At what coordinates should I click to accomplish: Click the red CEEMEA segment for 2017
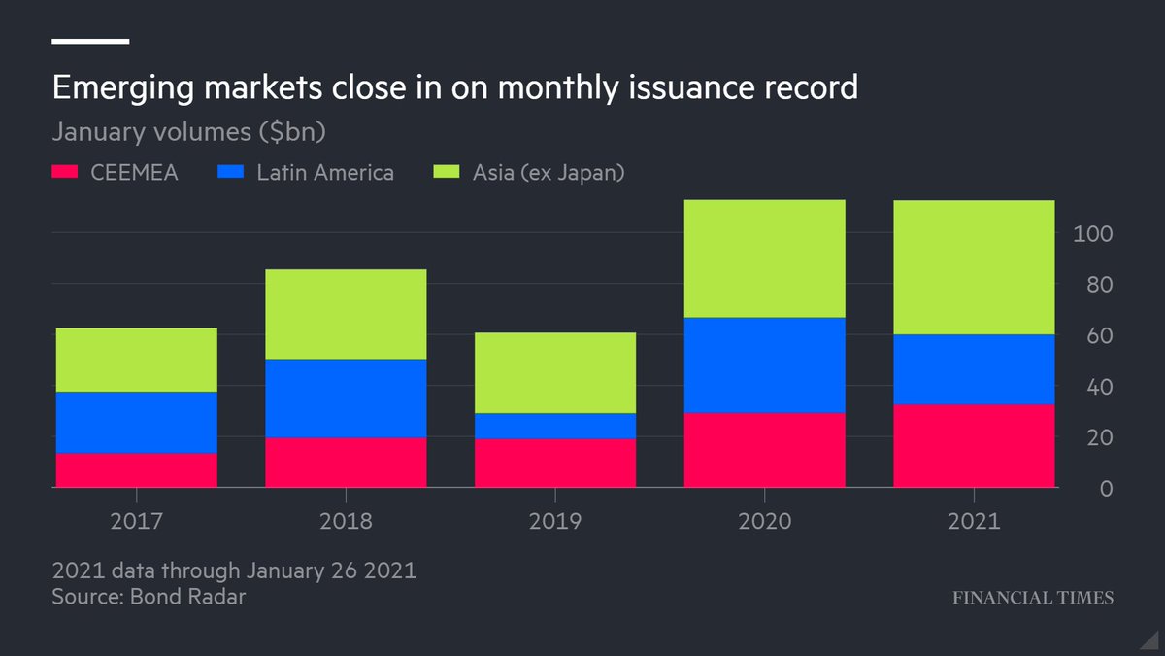pyautogui.click(x=136, y=470)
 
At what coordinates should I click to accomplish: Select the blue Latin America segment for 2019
pyautogui.click(x=554, y=426)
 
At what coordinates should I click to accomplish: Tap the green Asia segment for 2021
pyautogui.click(x=974, y=267)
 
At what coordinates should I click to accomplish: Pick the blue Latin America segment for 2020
pyautogui.click(x=764, y=365)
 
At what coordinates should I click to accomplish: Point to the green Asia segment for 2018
pyautogui.click(x=346, y=314)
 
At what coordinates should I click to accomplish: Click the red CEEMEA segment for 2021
pyautogui.click(x=974, y=445)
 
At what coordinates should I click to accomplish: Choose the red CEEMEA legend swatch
pyautogui.click(x=64, y=173)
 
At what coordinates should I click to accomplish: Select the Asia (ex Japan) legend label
pyautogui.click(x=548, y=173)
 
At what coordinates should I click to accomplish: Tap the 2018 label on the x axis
pyautogui.click(x=346, y=521)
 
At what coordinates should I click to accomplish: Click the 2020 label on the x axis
pyautogui.click(x=764, y=521)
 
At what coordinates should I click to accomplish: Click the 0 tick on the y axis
pyautogui.click(x=1105, y=489)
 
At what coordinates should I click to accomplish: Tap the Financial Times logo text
pyautogui.click(x=1031, y=598)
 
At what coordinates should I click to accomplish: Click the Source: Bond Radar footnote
pyautogui.click(x=149, y=596)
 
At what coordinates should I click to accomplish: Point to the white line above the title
pyautogui.click(x=90, y=41)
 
